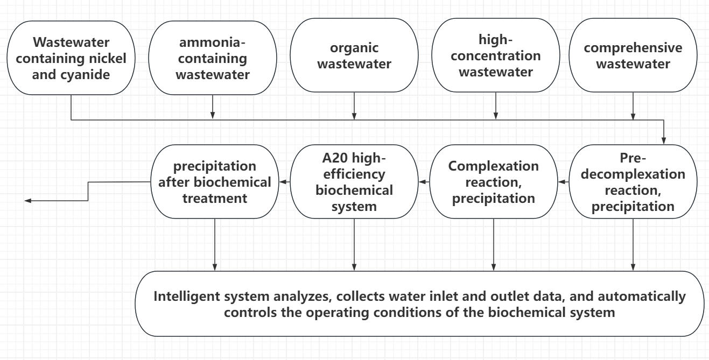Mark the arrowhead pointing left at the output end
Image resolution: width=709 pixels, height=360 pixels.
(28, 201)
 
